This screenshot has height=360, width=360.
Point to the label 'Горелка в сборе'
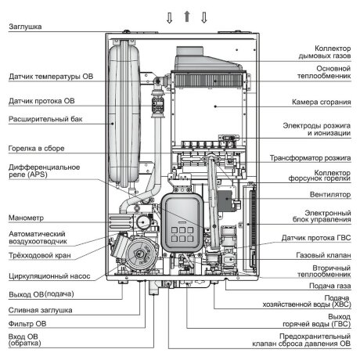point(36,148)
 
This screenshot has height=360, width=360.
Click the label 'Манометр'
point(25,217)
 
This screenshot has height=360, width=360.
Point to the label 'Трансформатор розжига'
point(311,157)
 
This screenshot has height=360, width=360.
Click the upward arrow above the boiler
point(185,16)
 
